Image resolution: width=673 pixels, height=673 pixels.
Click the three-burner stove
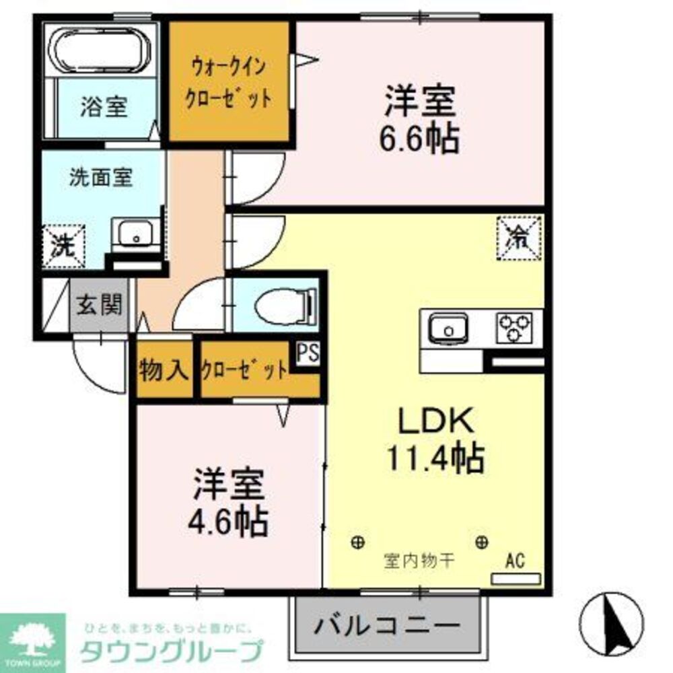click(x=516, y=327)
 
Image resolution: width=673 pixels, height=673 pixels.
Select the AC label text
click(x=515, y=560)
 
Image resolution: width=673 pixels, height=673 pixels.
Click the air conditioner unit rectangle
click(x=516, y=578)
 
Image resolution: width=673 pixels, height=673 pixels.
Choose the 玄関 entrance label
click(x=99, y=306)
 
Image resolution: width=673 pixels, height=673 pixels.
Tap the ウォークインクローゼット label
click(x=230, y=82)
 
